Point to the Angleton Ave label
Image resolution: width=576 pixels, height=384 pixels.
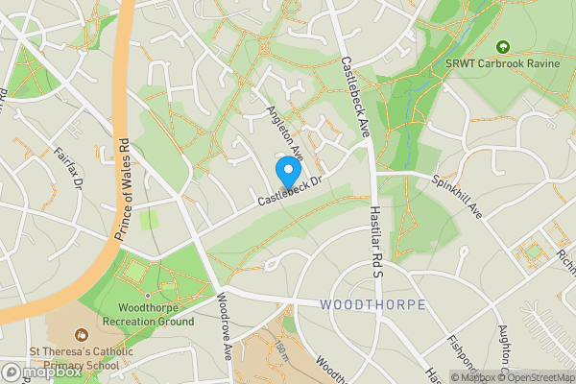coord(285,135)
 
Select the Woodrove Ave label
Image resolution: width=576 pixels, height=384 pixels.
coord(224,337)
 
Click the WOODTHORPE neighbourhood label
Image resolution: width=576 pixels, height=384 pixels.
coord(373,304)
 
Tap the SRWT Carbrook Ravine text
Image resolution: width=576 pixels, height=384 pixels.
coord(501,62)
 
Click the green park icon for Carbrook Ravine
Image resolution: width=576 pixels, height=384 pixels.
coord(501,45)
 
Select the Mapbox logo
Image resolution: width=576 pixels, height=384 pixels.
coord(42,372)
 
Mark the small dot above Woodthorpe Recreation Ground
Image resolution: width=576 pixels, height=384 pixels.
coord(147,296)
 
